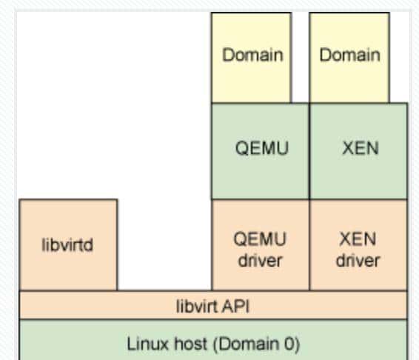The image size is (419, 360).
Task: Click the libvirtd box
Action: (67, 244)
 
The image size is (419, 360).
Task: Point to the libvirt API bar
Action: (212, 304)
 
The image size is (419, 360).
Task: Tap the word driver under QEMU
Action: (260, 260)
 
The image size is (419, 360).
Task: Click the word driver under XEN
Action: (358, 260)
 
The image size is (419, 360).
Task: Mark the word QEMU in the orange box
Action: (260, 239)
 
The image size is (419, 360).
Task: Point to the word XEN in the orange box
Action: (358, 239)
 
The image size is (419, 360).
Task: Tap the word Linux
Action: (144, 344)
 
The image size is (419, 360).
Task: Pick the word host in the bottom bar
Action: (184, 344)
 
